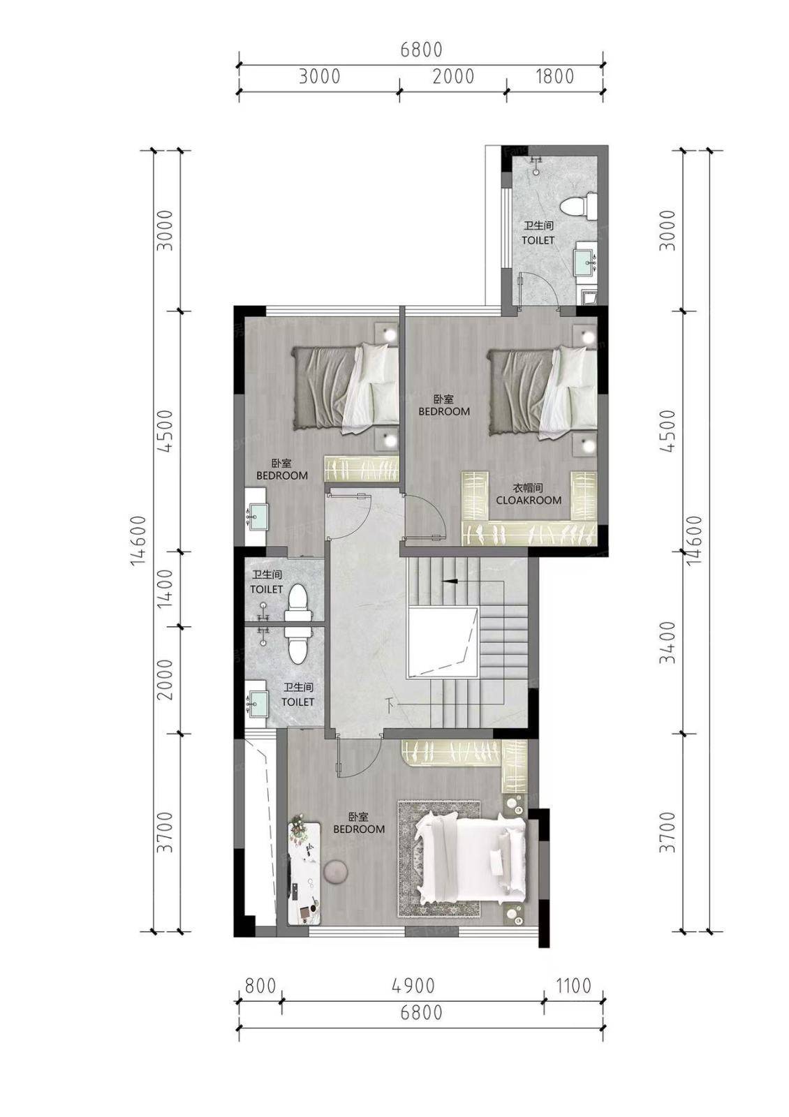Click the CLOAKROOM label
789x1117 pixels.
528,500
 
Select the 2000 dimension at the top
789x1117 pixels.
453,77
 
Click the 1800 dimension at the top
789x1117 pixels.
554,77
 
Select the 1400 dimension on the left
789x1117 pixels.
165,588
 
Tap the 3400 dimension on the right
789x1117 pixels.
668,642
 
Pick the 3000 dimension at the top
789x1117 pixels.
320,77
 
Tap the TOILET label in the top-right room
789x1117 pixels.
538,240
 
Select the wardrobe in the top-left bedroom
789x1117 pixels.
362,468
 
